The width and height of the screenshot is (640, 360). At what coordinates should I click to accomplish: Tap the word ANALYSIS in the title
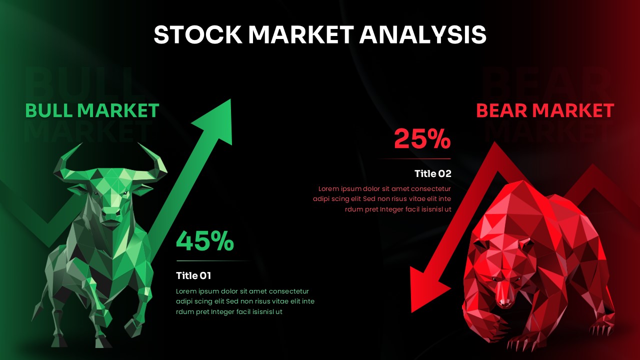coord(423,34)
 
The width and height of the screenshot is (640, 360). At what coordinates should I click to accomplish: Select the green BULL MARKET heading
coord(92,110)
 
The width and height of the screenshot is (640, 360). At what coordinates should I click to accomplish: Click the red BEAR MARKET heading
coord(545,110)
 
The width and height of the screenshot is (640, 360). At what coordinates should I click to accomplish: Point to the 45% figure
coord(205,241)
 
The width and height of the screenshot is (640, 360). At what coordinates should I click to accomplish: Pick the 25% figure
coord(422,139)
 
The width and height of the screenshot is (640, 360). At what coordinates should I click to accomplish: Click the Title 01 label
coord(193,275)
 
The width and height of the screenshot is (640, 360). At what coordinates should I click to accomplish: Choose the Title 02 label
coord(433,174)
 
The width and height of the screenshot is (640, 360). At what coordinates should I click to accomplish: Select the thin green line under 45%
coord(212,261)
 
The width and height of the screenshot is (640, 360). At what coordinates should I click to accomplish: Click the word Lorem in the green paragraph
coord(186,291)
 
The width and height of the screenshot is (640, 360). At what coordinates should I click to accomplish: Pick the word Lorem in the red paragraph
coord(328,189)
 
